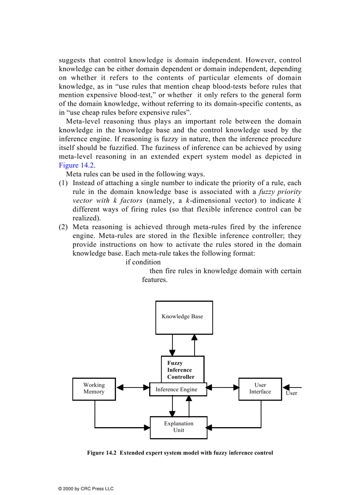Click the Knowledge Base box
pyautogui.click(x=184, y=317)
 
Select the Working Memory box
pyautogui.click(x=94, y=389)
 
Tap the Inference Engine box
pyautogui.click(x=176, y=389)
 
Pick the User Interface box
pyautogui.click(x=260, y=389)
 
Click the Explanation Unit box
pyautogui.click(x=179, y=427)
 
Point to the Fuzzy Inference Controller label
pyautogui.click(x=180, y=370)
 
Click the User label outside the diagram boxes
pyautogui.click(x=291, y=393)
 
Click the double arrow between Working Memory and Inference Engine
pyautogui.click(x=133, y=388)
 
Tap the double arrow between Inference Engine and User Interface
pyautogui.click(x=222, y=388)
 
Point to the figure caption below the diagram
pyautogui.click(x=180, y=453)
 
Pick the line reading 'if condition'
pyautogui.click(x=143, y=262)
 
